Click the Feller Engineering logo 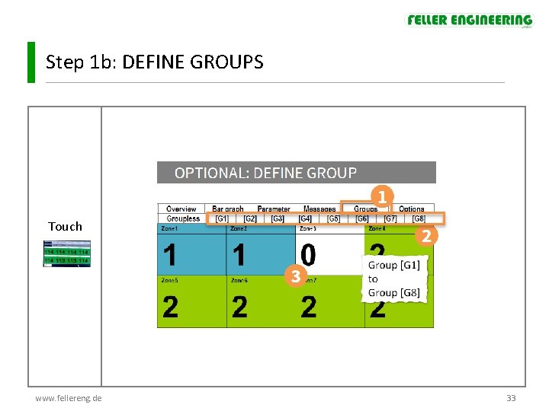tap(469, 21)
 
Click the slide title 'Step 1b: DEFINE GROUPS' tap(154, 62)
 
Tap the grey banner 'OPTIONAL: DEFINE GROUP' tap(296, 173)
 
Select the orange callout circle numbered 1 tap(382, 196)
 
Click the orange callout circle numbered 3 tap(295, 276)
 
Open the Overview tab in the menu tap(181, 209)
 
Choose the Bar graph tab tap(228, 209)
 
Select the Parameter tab tap(274, 209)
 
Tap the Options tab tap(412, 209)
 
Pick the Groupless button tap(183, 218)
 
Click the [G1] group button tap(222, 218)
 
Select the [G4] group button tap(305, 218)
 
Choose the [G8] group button tap(419, 218)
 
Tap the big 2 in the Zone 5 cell tap(171, 307)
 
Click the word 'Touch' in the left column tap(65, 226)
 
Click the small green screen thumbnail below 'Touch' tap(66, 253)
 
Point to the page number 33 tap(511, 398)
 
